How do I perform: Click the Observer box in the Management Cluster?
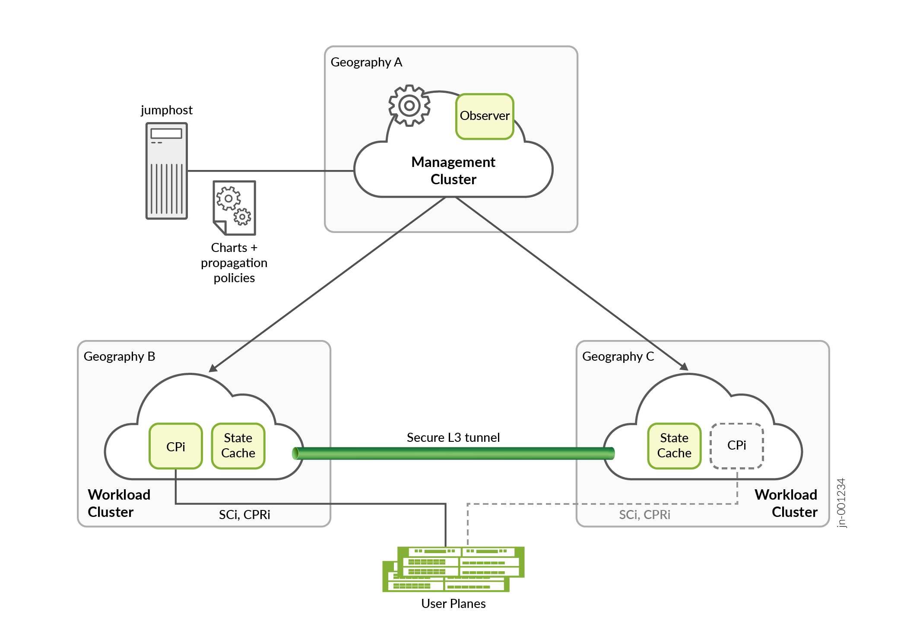coord(485,116)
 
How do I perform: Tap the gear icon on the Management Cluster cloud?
coord(409,106)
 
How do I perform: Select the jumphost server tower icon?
coord(167,171)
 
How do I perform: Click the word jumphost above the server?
coord(167,110)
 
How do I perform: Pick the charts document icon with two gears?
coord(235,208)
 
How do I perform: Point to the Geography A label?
coord(366,63)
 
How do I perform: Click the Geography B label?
coord(119,356)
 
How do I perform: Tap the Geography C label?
coord(618,356)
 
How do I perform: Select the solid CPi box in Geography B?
coord(176,446)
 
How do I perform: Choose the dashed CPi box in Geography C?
coord(737,446)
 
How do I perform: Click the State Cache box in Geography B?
coord(238,446)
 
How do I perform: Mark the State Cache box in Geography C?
coord(674,446)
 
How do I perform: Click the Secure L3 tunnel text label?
coord(453,438)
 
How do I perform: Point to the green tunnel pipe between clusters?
coord(453,453)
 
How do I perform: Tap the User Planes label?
coord(453,604)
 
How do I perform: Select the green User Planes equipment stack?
coord(453,569)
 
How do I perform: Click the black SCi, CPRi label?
coord(244,515)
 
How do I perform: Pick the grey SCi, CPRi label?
coord(644,515)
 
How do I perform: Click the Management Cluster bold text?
coord(453,170)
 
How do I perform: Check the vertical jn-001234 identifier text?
coord(841,503)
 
